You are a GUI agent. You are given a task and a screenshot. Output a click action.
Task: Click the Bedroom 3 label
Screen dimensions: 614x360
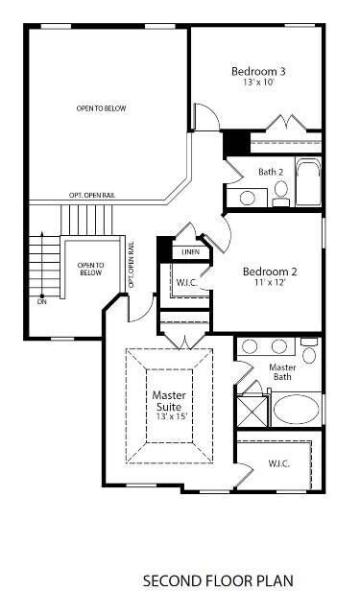click(258, 71)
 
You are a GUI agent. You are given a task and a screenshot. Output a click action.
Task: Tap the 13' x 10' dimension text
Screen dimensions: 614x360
click(258, 83)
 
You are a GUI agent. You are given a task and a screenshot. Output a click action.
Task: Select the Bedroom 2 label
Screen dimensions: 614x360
click(269, 272)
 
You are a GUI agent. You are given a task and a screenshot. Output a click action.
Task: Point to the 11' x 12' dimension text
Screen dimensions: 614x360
click(269, 284)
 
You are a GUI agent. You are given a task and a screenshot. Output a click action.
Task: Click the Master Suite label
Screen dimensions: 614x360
click(169, 401)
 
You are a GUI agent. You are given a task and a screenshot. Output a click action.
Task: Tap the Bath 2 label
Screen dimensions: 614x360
click(271, 173)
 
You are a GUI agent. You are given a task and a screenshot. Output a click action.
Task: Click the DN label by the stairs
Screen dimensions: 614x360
click(41, 302)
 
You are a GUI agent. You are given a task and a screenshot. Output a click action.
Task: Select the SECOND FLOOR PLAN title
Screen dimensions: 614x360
click(217, 580)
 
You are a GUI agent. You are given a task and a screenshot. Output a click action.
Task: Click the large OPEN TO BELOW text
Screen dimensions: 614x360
click(102, 108)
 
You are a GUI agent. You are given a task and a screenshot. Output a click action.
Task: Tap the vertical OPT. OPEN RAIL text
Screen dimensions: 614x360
click(132, 265)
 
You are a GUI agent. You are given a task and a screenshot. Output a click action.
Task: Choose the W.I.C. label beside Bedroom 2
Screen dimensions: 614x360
click(186, 283)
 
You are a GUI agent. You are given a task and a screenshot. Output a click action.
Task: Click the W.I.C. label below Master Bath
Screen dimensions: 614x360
click(279, 464)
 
